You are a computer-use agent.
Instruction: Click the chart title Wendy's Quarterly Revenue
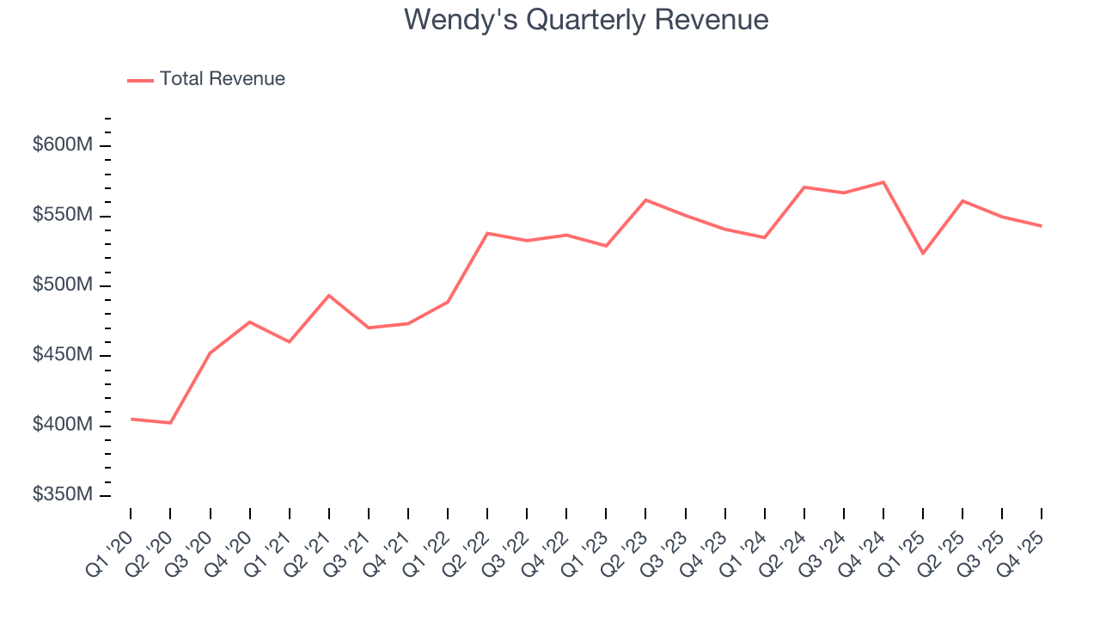coord(586,20)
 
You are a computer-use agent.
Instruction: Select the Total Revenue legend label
coord(222,79)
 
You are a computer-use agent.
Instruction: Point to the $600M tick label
coord(62,145)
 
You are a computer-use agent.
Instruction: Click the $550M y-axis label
coord(62,215)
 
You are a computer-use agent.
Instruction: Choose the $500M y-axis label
coord(62,285)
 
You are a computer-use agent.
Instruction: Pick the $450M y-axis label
coord(62,355)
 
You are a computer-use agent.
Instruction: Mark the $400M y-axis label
coord(62,426)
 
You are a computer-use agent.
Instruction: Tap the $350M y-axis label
coord(62,495)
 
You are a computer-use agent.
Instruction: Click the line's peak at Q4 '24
coord(883,182)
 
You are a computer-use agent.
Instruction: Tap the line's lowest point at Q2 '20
coord(170,423)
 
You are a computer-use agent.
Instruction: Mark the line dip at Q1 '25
coord(923,254)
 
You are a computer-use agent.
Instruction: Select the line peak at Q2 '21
coord(329,295)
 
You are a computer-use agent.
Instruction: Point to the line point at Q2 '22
coord(487,233)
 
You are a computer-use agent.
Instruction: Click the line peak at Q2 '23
coord(645,199)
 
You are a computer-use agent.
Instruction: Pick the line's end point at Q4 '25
coord(1042,226)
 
